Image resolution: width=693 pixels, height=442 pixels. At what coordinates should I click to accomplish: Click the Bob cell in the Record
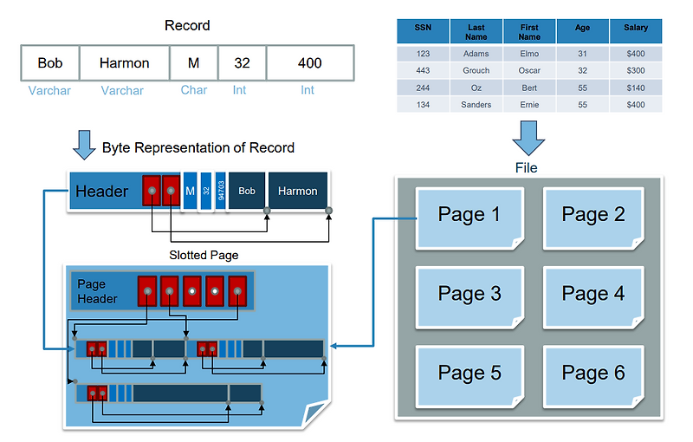[50, 63]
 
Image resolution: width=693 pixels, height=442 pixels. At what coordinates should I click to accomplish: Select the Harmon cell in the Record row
[124, 63]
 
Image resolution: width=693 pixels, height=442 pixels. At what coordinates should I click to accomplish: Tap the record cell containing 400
[309, 63]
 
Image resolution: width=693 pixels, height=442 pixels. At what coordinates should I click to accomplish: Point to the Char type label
[194, 89]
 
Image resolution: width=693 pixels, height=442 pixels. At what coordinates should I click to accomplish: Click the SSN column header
[423, 31]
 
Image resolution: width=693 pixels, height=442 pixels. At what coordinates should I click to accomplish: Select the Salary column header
[635, 31]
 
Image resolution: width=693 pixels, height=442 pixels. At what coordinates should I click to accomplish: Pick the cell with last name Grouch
[476, 70]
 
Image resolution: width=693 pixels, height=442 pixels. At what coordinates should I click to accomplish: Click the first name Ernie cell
[529, 105]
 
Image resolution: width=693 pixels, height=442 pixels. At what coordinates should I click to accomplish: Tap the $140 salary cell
[635, 88]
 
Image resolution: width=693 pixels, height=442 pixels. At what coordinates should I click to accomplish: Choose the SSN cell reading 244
[423, 88]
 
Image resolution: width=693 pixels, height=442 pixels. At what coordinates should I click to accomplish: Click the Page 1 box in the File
[470, 215]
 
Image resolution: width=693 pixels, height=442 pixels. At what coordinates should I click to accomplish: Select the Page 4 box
[593, 295]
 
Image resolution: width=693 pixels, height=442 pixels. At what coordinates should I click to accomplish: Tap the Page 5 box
[470, 374]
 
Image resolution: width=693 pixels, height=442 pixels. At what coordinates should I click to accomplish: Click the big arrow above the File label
[528, 138]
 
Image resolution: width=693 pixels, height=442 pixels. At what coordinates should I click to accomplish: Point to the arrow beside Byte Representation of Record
[84, 146]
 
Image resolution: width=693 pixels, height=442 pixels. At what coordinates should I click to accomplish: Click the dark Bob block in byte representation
[247, 191]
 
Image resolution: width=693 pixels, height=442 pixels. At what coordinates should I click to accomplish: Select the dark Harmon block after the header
[297, 191]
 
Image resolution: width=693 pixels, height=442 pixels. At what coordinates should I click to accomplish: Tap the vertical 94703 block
[221, 191]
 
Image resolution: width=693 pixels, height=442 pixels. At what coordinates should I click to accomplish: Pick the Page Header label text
[97, 291]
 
